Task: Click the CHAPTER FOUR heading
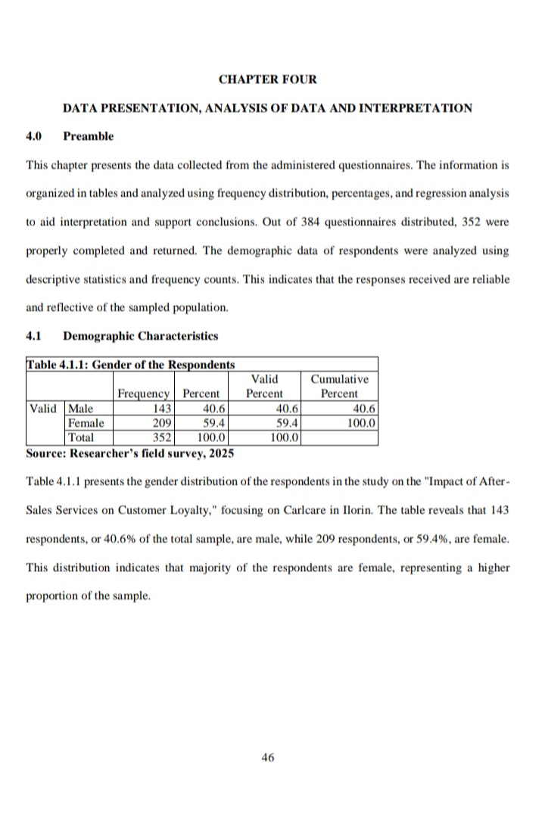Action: pyautogui.click(x=267, y=79)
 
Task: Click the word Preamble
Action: pyautogui.click(x=89, y=136)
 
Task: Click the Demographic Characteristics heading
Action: pyautogui.click(x=141, y=335)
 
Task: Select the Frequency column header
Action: pyautogui.click(x=143, y=394)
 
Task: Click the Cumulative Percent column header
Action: pyautogui.click(x=339, y=386)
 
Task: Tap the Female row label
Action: pyautogui.click(x=86, y=423)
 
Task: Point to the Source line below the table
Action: pyautogui.click(x=129, y=453)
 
